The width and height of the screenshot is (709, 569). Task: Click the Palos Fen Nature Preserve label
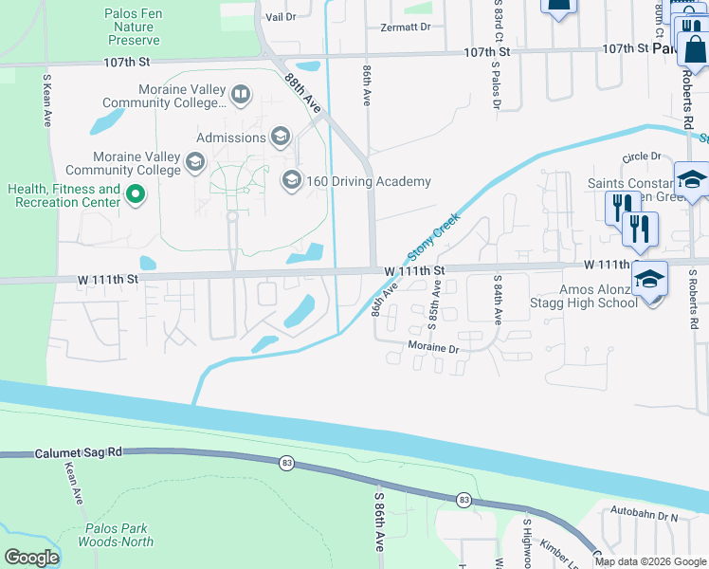(x=133, y=28)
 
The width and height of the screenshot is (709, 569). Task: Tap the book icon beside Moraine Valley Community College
(x=242, y=95)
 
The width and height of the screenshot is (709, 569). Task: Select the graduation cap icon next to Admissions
(x=280, y=138)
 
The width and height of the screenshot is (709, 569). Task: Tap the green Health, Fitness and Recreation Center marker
(x=136, y=196)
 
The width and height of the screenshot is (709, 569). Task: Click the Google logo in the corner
(x=31, y=558)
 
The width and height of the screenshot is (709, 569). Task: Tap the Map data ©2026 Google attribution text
(x=649, y=561)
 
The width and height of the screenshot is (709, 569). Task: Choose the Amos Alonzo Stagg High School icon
(x=649, y=279)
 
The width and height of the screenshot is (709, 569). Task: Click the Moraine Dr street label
(x=434, y=348)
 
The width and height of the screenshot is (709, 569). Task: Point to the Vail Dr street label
(x=281, y=17)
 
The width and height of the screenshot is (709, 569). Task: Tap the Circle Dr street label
(x=641, y=156)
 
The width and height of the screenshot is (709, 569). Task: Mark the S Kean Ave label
(x=45, y=100)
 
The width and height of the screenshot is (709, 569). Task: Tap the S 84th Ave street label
(x=497, y=301)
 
